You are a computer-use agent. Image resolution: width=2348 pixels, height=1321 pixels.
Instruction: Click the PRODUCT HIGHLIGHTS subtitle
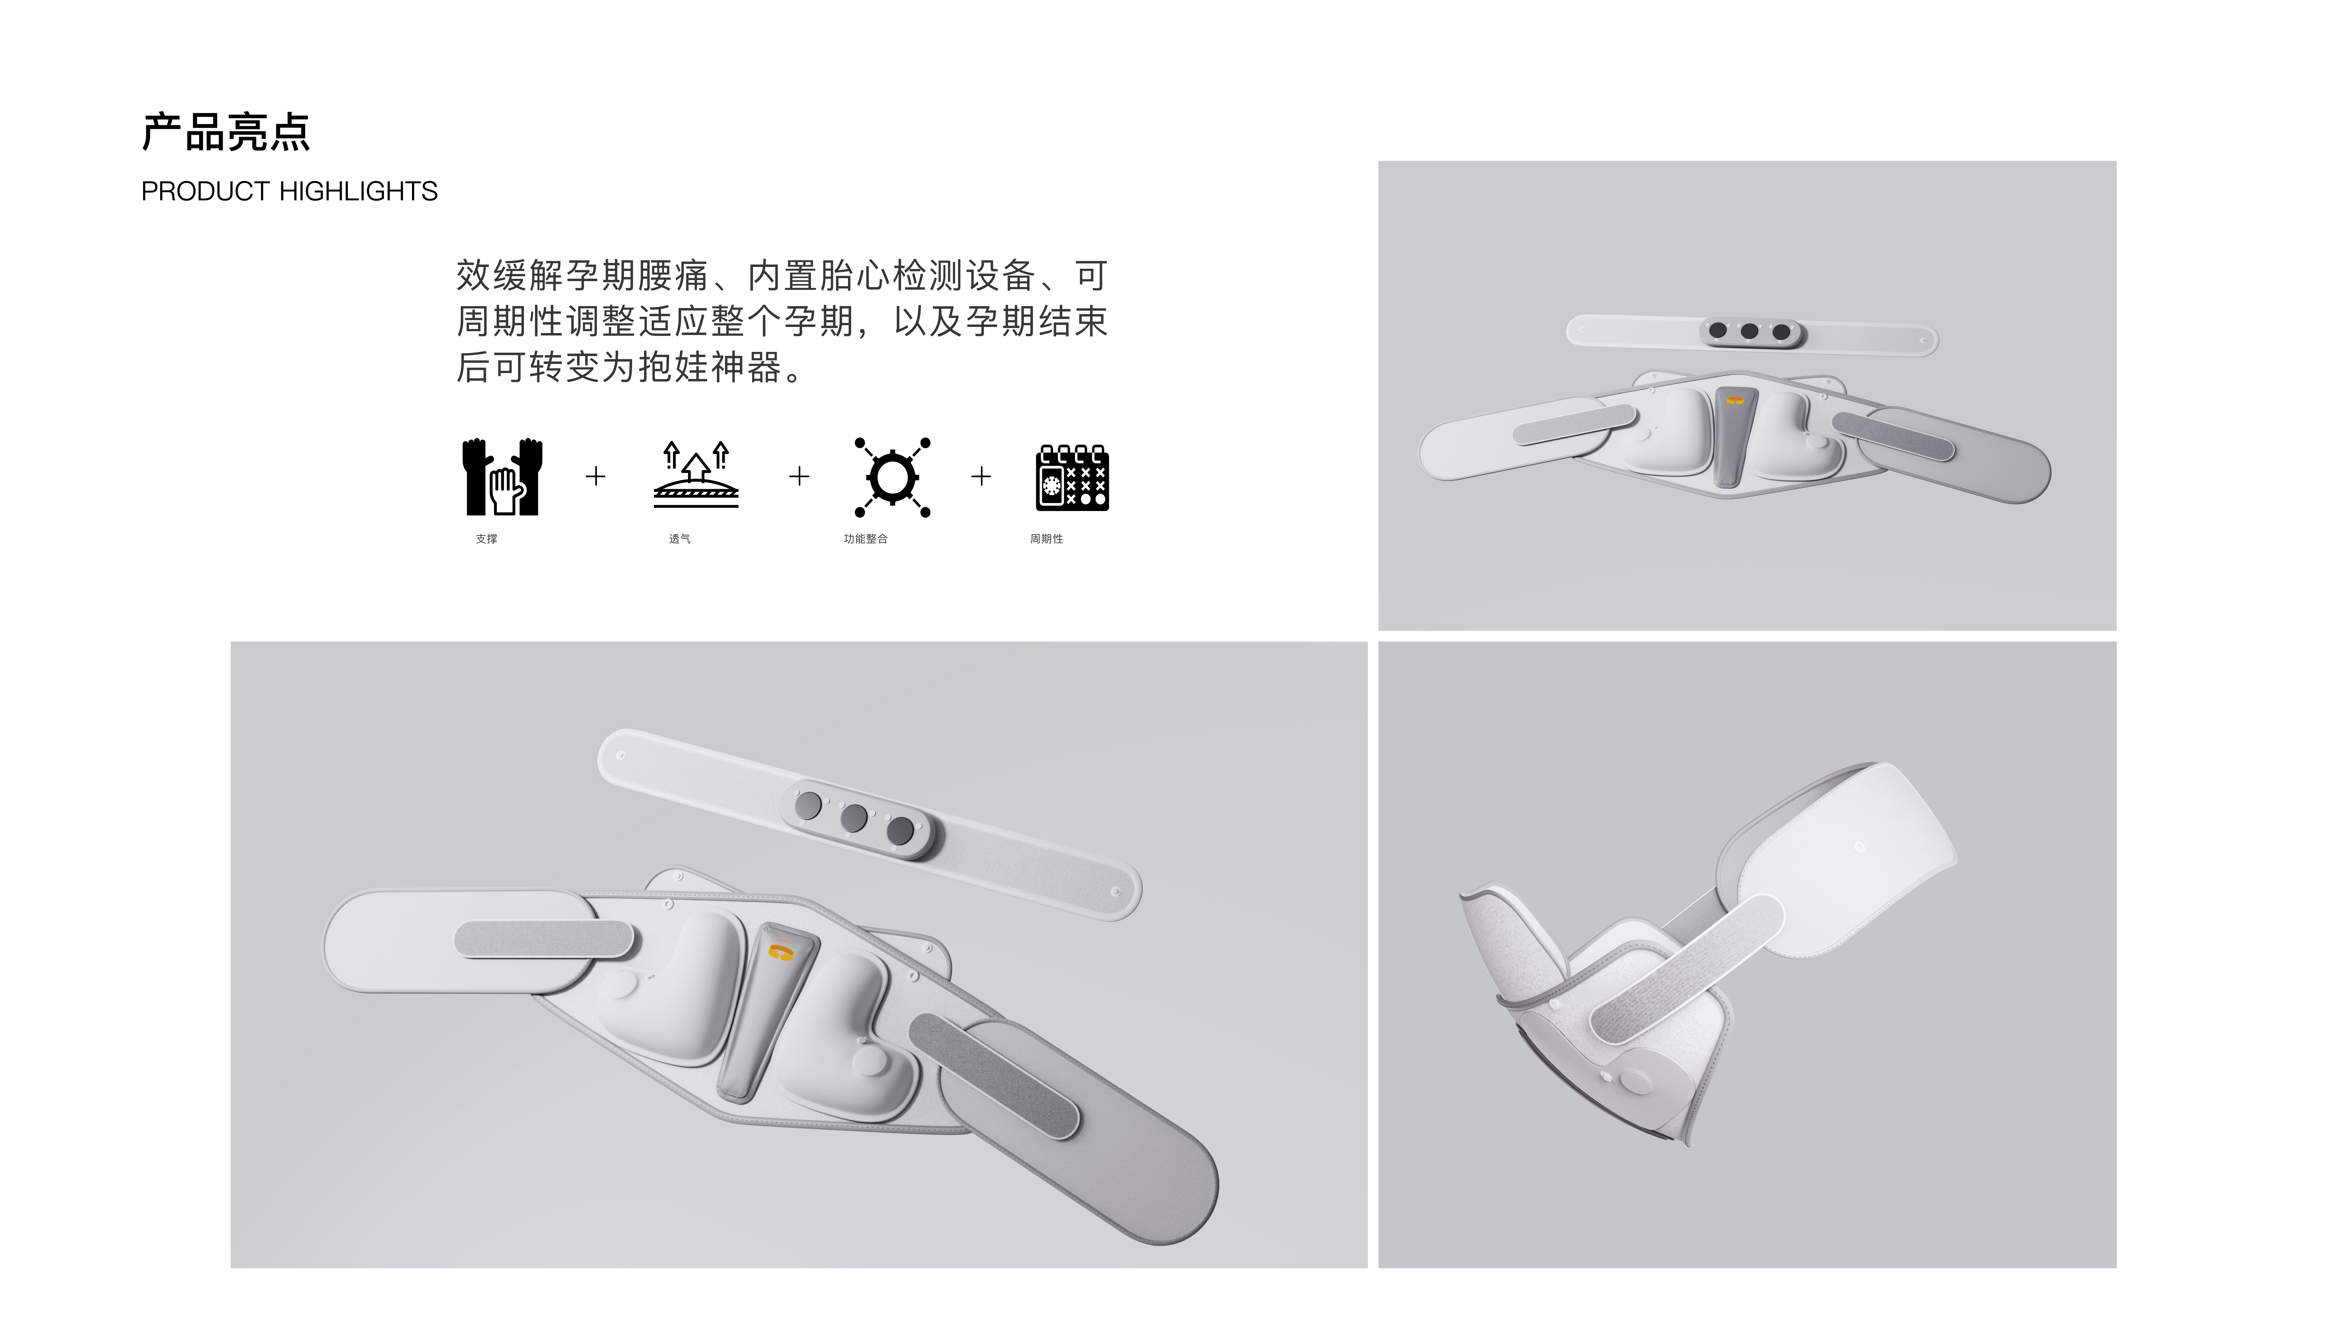click(x=289, y=192)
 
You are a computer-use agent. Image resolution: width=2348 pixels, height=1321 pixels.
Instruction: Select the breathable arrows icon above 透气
click(x=695, y=474)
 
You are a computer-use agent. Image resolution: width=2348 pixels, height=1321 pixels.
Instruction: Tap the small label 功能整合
click(x=865, y=539)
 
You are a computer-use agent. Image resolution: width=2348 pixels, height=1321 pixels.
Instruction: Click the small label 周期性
click(x=1046, y=539)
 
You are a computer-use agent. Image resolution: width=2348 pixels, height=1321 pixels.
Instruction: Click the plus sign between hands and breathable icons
click(x=595, y=476)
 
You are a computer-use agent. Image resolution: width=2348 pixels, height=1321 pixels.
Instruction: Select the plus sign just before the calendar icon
click(x=981, y=476)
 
